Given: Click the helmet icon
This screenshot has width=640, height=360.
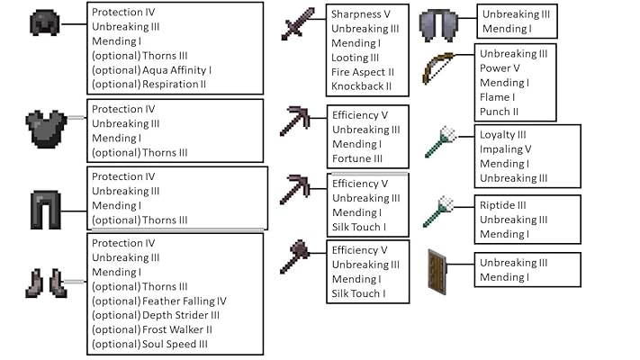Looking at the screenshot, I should tap(44, 23).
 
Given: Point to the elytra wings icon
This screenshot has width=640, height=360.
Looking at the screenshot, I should tap(441, 22).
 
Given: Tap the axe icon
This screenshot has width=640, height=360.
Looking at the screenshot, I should tap(294, 256).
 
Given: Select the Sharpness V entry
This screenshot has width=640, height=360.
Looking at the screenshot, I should tap(361, 14).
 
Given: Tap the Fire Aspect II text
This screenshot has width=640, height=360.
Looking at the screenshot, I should tap(363, 72).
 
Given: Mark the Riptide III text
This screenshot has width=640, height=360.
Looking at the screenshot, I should tap(502, 205).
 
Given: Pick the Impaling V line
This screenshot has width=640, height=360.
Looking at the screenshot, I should tap(505, 149).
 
